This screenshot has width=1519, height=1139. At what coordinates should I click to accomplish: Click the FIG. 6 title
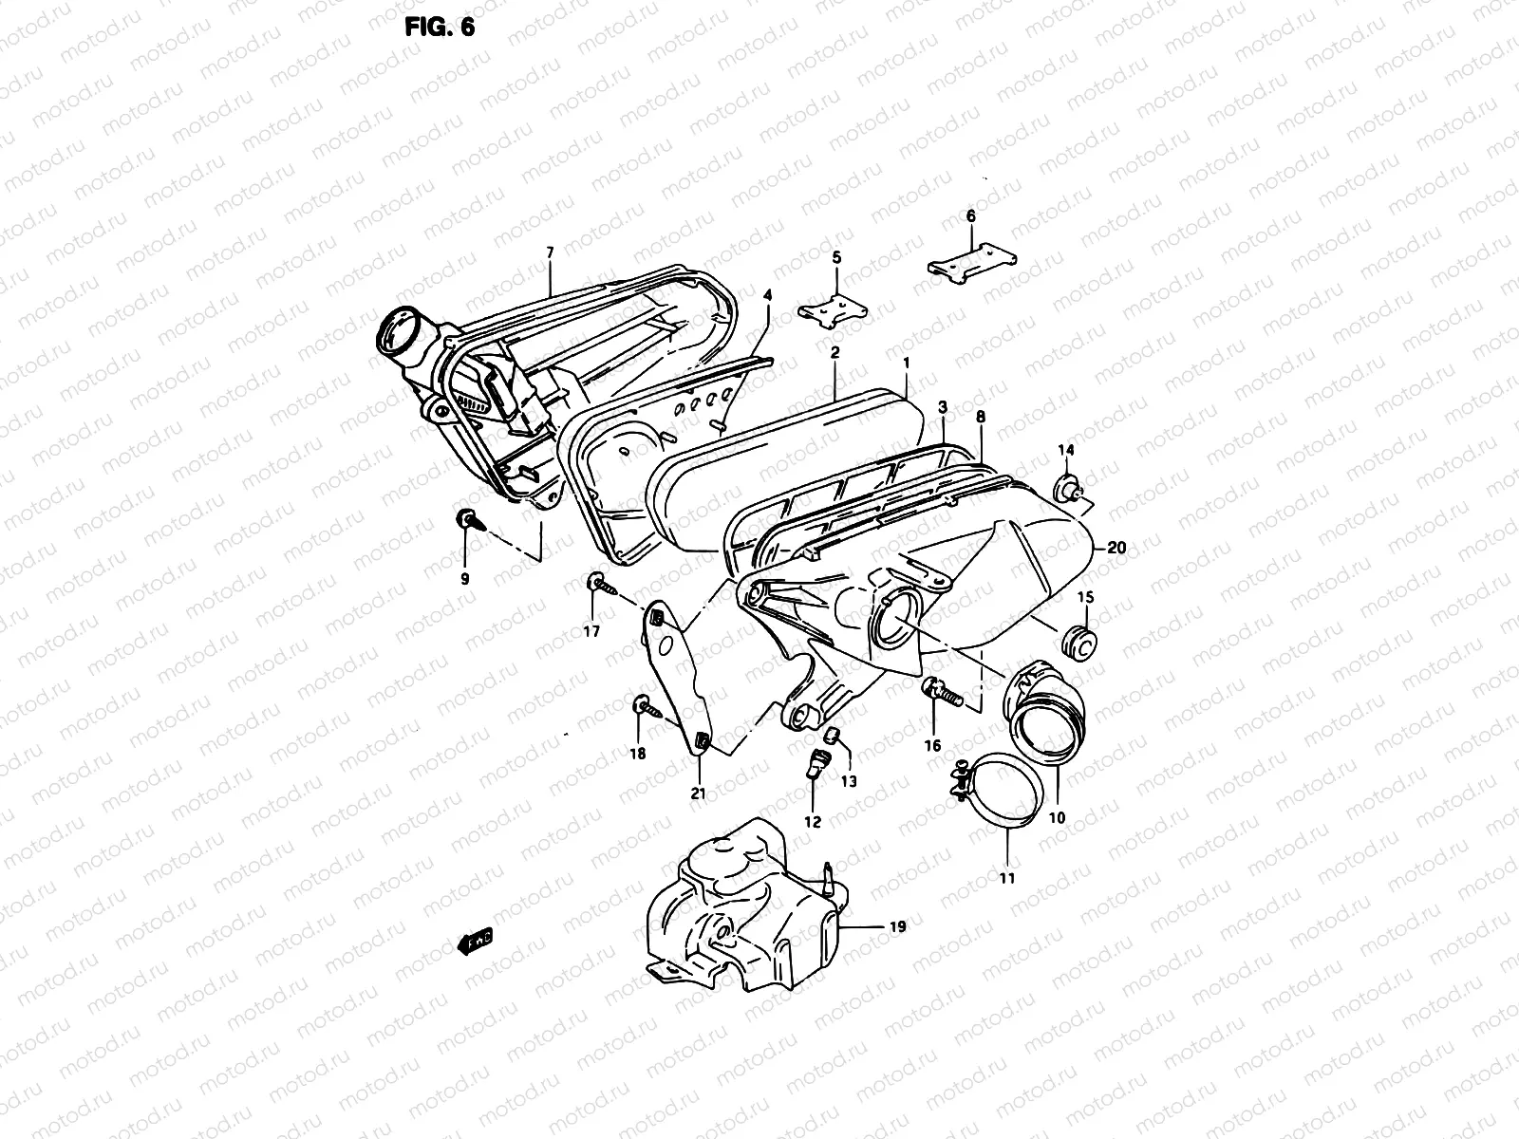[439, 27]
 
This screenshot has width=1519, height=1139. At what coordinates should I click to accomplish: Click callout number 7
[549, 252]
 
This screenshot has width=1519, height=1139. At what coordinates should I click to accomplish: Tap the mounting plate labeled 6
[972, 259]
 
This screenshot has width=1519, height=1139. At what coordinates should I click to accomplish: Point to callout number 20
[1116, 548]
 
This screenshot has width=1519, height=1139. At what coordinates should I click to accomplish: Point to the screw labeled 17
[599, 583]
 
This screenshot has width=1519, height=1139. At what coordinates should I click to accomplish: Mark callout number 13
[848, 781]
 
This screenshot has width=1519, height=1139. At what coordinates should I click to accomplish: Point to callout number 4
[767, 295]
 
